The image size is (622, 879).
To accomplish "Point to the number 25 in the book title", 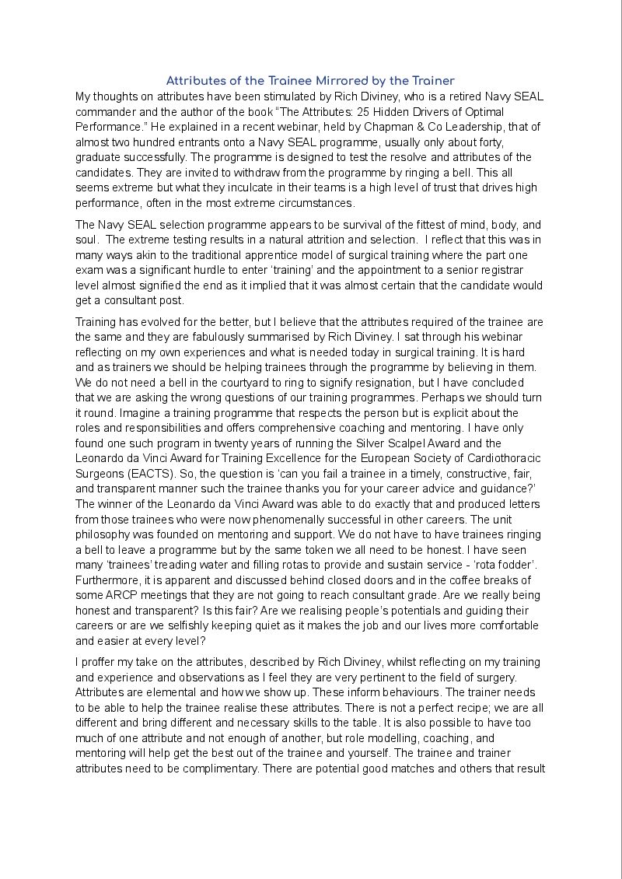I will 416,111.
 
